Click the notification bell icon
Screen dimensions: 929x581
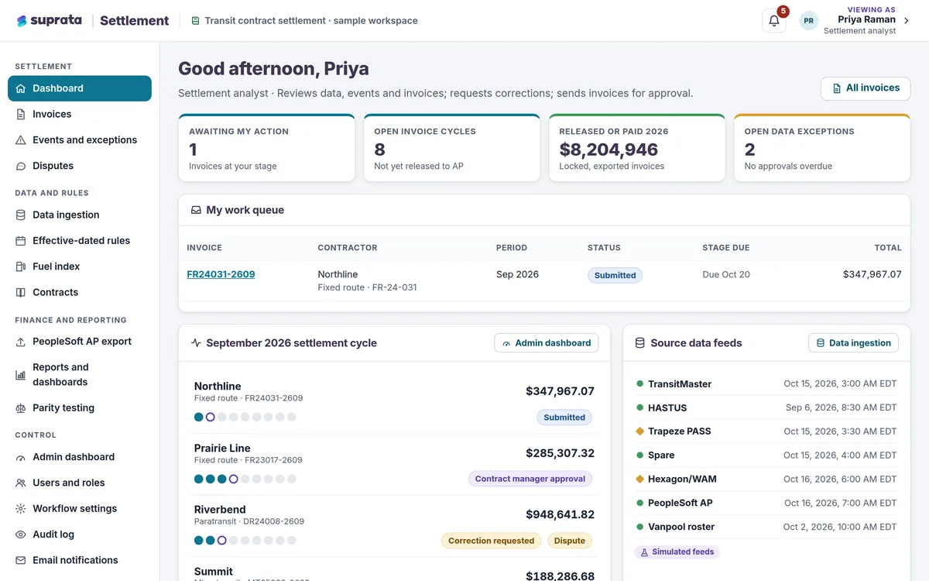click(x=774, y=21)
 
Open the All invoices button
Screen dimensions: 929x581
click(x=866, y=88)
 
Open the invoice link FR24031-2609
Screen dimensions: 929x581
click(x=221, y=274)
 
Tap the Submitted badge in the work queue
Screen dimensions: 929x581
click(x=615, y=275)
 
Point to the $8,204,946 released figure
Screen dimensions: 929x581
click(x=608, y=150)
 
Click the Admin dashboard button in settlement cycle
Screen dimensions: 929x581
click(x=547, y=342)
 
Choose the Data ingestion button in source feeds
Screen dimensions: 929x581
click(x=853, y=342)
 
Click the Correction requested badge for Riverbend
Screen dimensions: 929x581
click(x=491, y=541)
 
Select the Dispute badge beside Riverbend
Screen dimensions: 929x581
click(x=570, y=541)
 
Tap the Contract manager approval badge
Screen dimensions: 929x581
click(x=530, y=479)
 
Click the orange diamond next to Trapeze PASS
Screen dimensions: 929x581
click(x=640, y=431)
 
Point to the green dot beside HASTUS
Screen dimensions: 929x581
click(x=640, y=407)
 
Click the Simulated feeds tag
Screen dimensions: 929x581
click(x=677, y=552)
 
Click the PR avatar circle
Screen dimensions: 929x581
click(x=808, y=21)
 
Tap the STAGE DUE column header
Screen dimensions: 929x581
click(x=726, y=248)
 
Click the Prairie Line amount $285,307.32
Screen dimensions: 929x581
click(x=560, y=453)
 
